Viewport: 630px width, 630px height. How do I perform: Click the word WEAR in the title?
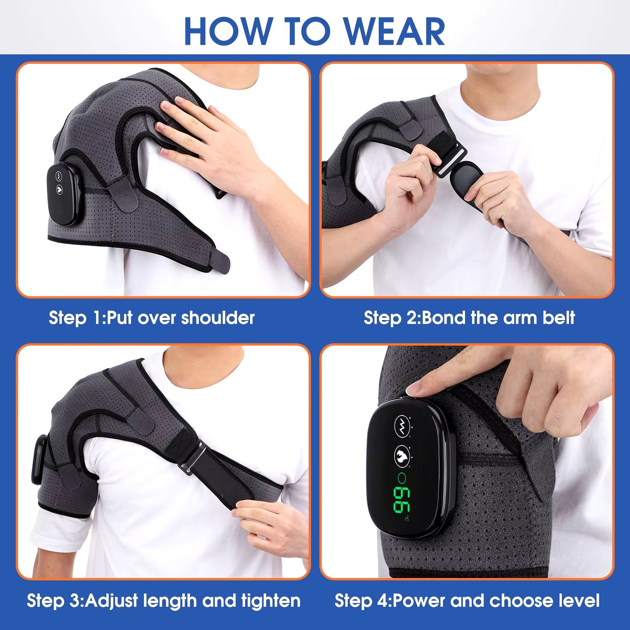click(395, 31)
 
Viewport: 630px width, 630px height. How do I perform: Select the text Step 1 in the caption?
click(74, 318)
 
